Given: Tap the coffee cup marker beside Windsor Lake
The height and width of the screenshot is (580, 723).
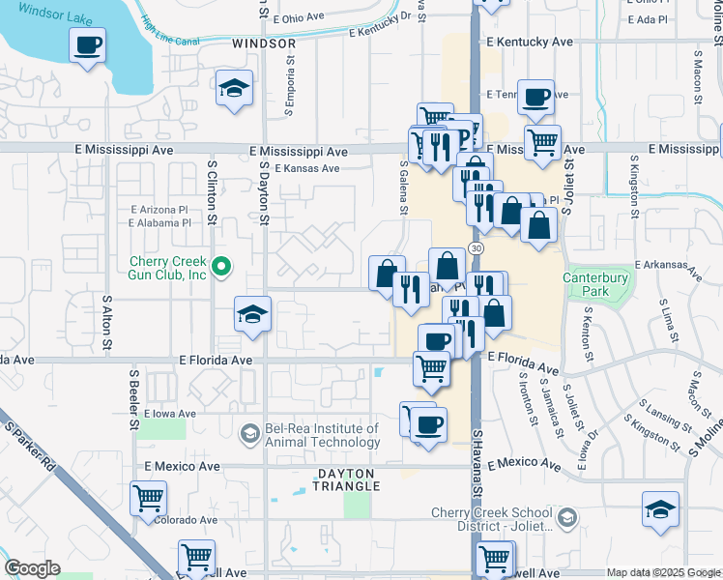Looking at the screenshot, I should click(x=88, y=44).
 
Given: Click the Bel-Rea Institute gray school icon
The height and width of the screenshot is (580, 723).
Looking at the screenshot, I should click(x=249, y=433).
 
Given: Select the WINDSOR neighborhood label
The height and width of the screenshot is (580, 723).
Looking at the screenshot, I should click(x=264, y=44).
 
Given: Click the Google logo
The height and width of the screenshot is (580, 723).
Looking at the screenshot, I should click(x=32, y=569).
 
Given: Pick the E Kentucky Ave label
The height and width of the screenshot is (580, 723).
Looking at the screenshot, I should click(x=530, y=43).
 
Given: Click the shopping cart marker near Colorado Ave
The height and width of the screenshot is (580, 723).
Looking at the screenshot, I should click(x=148, y=499).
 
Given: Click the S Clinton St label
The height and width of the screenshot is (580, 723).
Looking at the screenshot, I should click(x=212, y=191).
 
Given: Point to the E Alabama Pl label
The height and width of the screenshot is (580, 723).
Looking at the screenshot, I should click(x=159, y=223).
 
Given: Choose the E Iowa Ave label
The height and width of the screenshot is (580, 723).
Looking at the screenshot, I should click(x=169, y=413).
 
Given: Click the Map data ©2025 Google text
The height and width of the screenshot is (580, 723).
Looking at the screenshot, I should click(x=662, y=573).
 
